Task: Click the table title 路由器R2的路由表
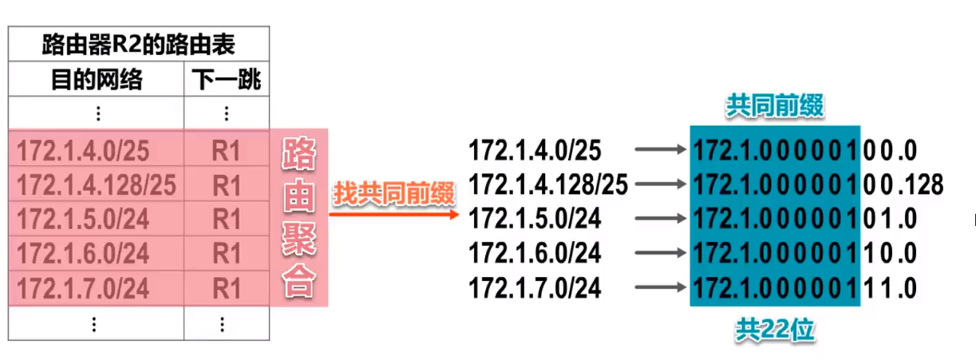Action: (x=138, y=44)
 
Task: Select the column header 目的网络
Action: (x=97, y=80)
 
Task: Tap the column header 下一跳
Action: (x=227, y=80)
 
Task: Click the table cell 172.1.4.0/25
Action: (x=83, y=150)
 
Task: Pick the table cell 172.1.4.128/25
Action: (x=96, y=184)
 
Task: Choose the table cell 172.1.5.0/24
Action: (x=83, y=219)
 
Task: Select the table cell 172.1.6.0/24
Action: (x=83, y=253)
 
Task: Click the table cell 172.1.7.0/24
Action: (x=83, y=287)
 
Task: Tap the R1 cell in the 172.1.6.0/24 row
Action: (x=227, y=253)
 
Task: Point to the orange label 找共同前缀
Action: (x=393, y=194)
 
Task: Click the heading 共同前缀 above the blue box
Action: (x=774, y=107)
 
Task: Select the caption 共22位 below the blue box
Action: (x=774, y=330)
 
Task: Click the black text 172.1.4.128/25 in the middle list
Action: (x=548, y=184)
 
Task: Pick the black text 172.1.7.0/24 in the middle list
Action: (x=535, y=287)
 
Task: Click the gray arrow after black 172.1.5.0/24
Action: (x=659, y=219)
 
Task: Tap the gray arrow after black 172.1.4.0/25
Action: (x=659, y=150)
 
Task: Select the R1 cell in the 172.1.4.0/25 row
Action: (x=227, y=150)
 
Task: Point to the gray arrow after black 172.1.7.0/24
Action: (x=659, y=287)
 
